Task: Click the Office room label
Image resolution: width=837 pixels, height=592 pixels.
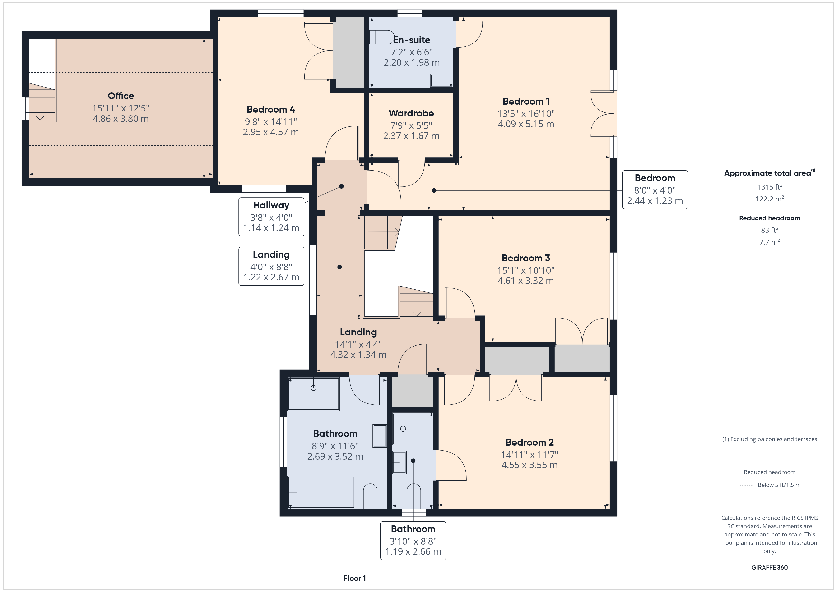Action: click(121, 96)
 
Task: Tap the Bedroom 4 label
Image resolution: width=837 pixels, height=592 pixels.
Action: click(271, 109)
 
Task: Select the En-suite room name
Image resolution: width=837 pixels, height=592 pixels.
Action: click(412, 40)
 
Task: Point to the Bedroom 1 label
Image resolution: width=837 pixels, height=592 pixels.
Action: click(526, 101)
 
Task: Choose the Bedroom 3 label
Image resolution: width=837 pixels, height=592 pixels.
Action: click(526, 258)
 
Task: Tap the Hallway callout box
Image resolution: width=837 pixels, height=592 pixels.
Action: click(271, 217)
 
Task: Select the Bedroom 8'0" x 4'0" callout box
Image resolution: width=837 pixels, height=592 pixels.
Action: click(655, 190)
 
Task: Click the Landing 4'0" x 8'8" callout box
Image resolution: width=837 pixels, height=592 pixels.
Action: click(271, 266)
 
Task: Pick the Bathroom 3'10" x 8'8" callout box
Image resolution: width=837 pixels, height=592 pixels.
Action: click(413, 540)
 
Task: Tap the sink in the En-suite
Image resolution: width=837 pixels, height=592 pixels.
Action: click(442, 81)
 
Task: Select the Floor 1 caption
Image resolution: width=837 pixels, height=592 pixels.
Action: click(354, 578)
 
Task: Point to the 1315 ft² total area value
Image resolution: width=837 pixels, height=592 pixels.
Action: click(770, 187)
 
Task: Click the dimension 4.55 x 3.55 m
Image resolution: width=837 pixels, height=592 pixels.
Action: click(529, 465)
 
